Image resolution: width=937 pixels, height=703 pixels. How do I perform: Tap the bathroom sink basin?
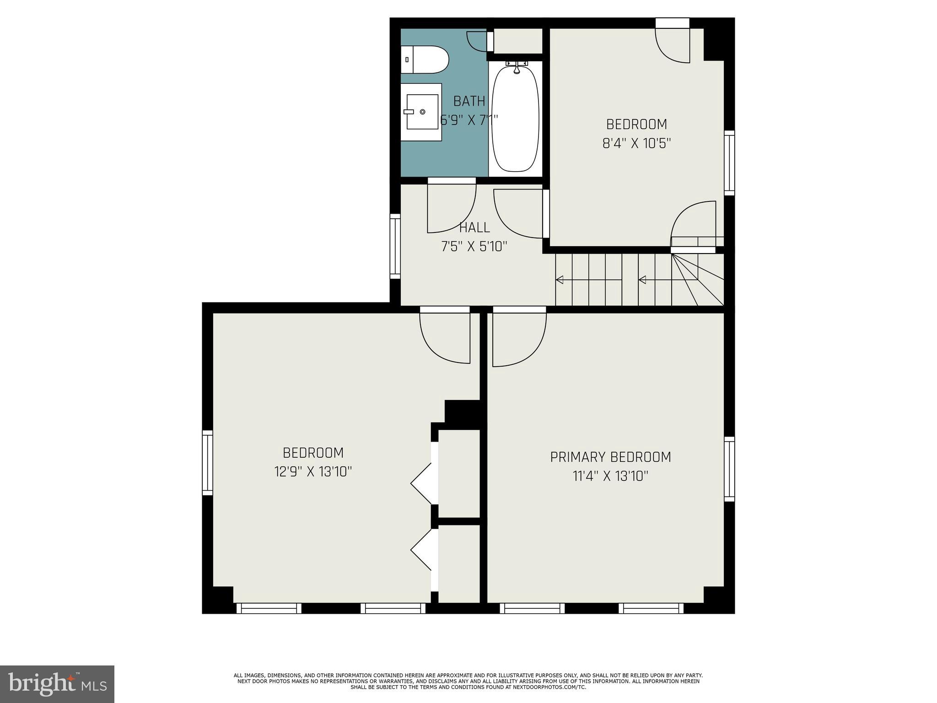click(x=422, y=112)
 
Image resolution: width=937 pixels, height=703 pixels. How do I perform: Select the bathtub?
click(x=515, y=119)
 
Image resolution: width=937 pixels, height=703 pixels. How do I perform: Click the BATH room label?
click(x=469, y=101)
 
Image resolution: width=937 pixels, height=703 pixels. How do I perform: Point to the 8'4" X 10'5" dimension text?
click(x=636, y=144)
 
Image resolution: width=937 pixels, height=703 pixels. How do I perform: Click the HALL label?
click(x=474, y=227)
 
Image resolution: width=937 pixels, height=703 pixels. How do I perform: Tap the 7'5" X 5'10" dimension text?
click(x=474, y=247)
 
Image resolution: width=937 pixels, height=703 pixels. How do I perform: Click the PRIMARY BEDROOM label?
click(x=610, y=457)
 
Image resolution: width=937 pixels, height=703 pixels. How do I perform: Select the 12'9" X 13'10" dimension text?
click(x=313, y=472)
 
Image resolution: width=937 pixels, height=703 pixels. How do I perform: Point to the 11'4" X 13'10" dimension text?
click(x=610, y=476)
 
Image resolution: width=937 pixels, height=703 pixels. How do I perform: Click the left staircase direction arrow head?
click(x=559, y=280)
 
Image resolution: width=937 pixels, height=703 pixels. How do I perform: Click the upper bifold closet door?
click(x=421, y=483)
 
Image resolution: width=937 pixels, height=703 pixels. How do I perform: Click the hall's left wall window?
click(x=395, y=246)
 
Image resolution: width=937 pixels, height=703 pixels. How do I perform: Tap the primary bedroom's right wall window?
click(x=729, y=469)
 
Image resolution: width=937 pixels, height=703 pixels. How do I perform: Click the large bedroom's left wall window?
click(x=207, y=462)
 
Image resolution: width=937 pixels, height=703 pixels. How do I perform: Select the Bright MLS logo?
click(x=57, y=684)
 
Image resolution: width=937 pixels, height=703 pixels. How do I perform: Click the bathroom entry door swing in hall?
click(x=451, y=208)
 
